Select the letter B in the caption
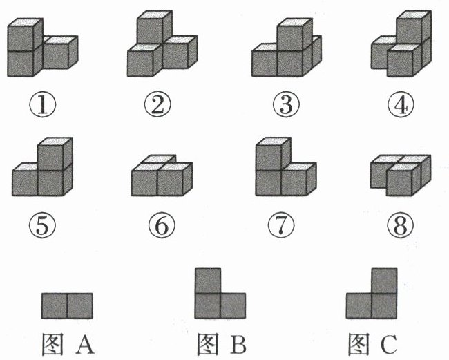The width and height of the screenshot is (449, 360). coord(239,343)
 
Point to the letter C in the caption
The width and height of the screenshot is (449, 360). coord(390,343)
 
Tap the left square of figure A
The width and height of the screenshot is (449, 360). coord(55,305)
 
